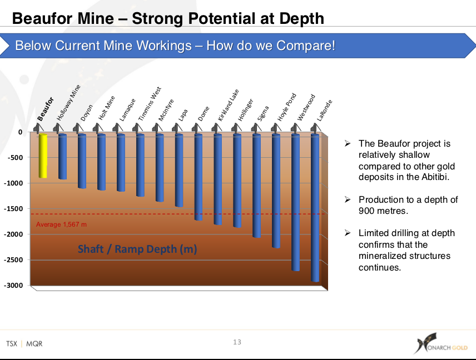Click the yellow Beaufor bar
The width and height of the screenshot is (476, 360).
click(43, 156)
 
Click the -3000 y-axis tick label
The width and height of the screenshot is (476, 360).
click(14, 286)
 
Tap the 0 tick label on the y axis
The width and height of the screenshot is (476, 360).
click(20, 132)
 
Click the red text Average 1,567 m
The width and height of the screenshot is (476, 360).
click(61, 224)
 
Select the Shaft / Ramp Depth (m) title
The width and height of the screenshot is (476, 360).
click(137, 249)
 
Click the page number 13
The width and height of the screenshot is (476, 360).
click(237, 342)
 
